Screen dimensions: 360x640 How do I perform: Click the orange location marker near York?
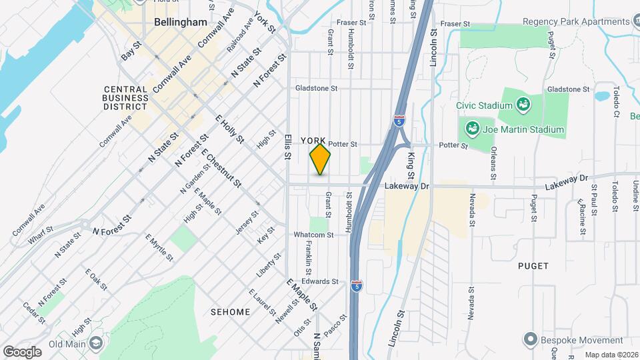320,159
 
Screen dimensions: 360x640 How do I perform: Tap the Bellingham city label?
180,22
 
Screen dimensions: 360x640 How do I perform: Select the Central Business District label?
125,97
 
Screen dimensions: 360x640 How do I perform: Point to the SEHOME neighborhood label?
230,312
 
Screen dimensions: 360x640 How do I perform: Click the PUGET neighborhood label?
533,266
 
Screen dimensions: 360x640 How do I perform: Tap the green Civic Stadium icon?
523,105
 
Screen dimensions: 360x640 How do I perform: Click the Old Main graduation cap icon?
97,343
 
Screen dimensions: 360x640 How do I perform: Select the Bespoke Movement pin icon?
530,339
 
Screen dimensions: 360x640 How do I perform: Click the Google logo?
22,351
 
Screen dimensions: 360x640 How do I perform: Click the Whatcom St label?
315,235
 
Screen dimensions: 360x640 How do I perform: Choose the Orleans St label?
493,163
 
